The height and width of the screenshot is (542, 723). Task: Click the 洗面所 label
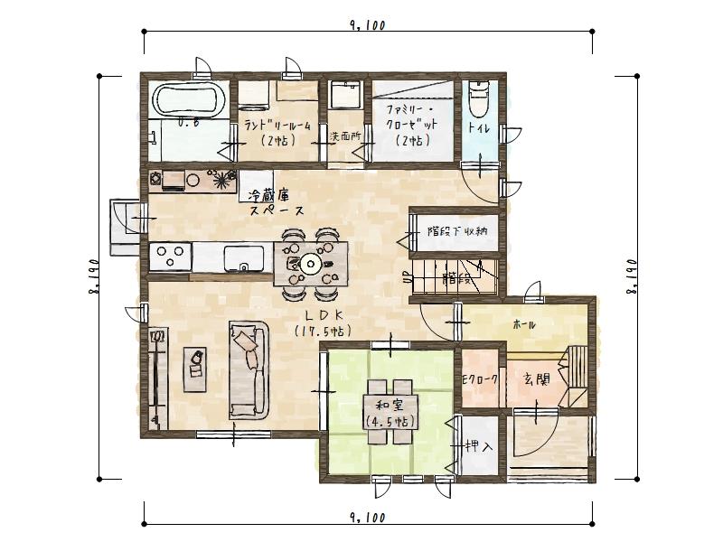pyautogui.click(x=344, y=136)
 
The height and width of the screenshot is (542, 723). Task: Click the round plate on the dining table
pyautogui.click(x=311, y=264)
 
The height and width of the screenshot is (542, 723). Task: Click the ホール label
pyautogui.click(x=523, y=324)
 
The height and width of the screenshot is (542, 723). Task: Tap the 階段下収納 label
pyautogui.click(x=457, y=230)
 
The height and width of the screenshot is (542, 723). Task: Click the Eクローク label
pyautogui.click(x=480, y=379)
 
